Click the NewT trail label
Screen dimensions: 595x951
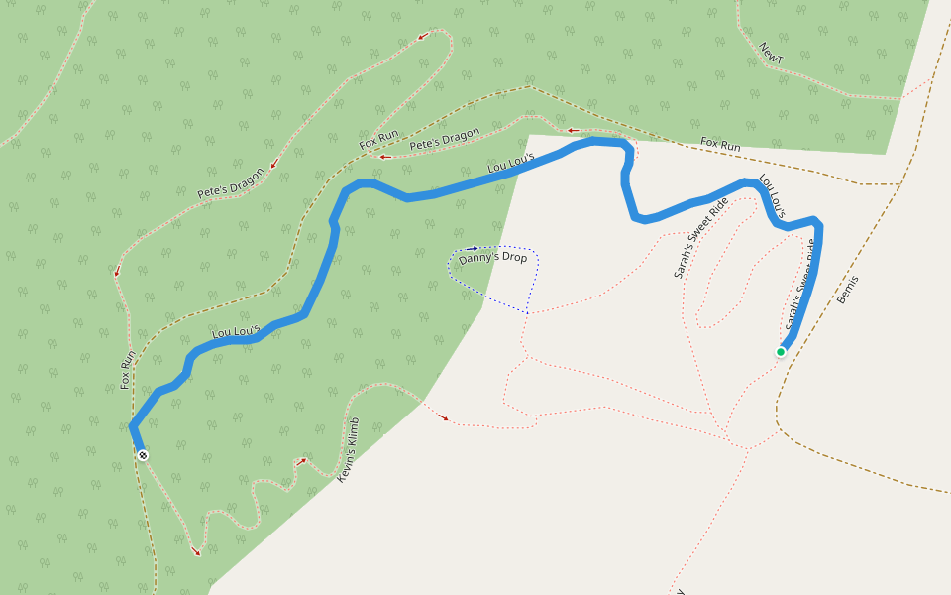click(771, 53)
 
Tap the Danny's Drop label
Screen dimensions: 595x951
click(492, 257)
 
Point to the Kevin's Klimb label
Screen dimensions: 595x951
click(349, 450)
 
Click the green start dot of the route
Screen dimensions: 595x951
click(781, 352)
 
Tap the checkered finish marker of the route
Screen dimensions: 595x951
click(144, 455)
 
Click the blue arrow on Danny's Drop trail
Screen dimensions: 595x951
click(474, 248)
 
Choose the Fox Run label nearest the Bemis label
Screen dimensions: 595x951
click(720, 145)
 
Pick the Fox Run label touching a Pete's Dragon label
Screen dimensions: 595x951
click(378, 140)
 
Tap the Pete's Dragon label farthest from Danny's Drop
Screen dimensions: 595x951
click(231, 183)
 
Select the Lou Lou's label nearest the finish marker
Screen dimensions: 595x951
click(235, 330)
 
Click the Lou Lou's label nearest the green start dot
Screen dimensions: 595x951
click(772, 197)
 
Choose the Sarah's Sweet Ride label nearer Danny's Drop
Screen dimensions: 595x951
click(700, 237)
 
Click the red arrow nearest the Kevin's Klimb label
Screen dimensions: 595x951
click(301, 461)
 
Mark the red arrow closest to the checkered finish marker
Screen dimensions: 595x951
click(195, 550)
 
